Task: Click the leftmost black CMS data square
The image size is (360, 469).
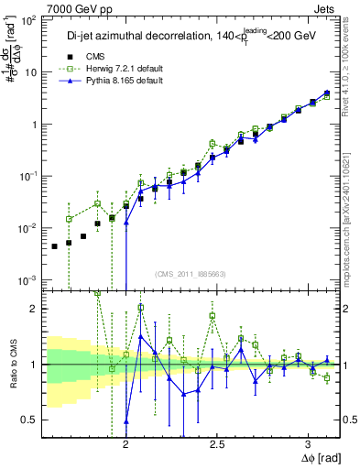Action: pos(55,246)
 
